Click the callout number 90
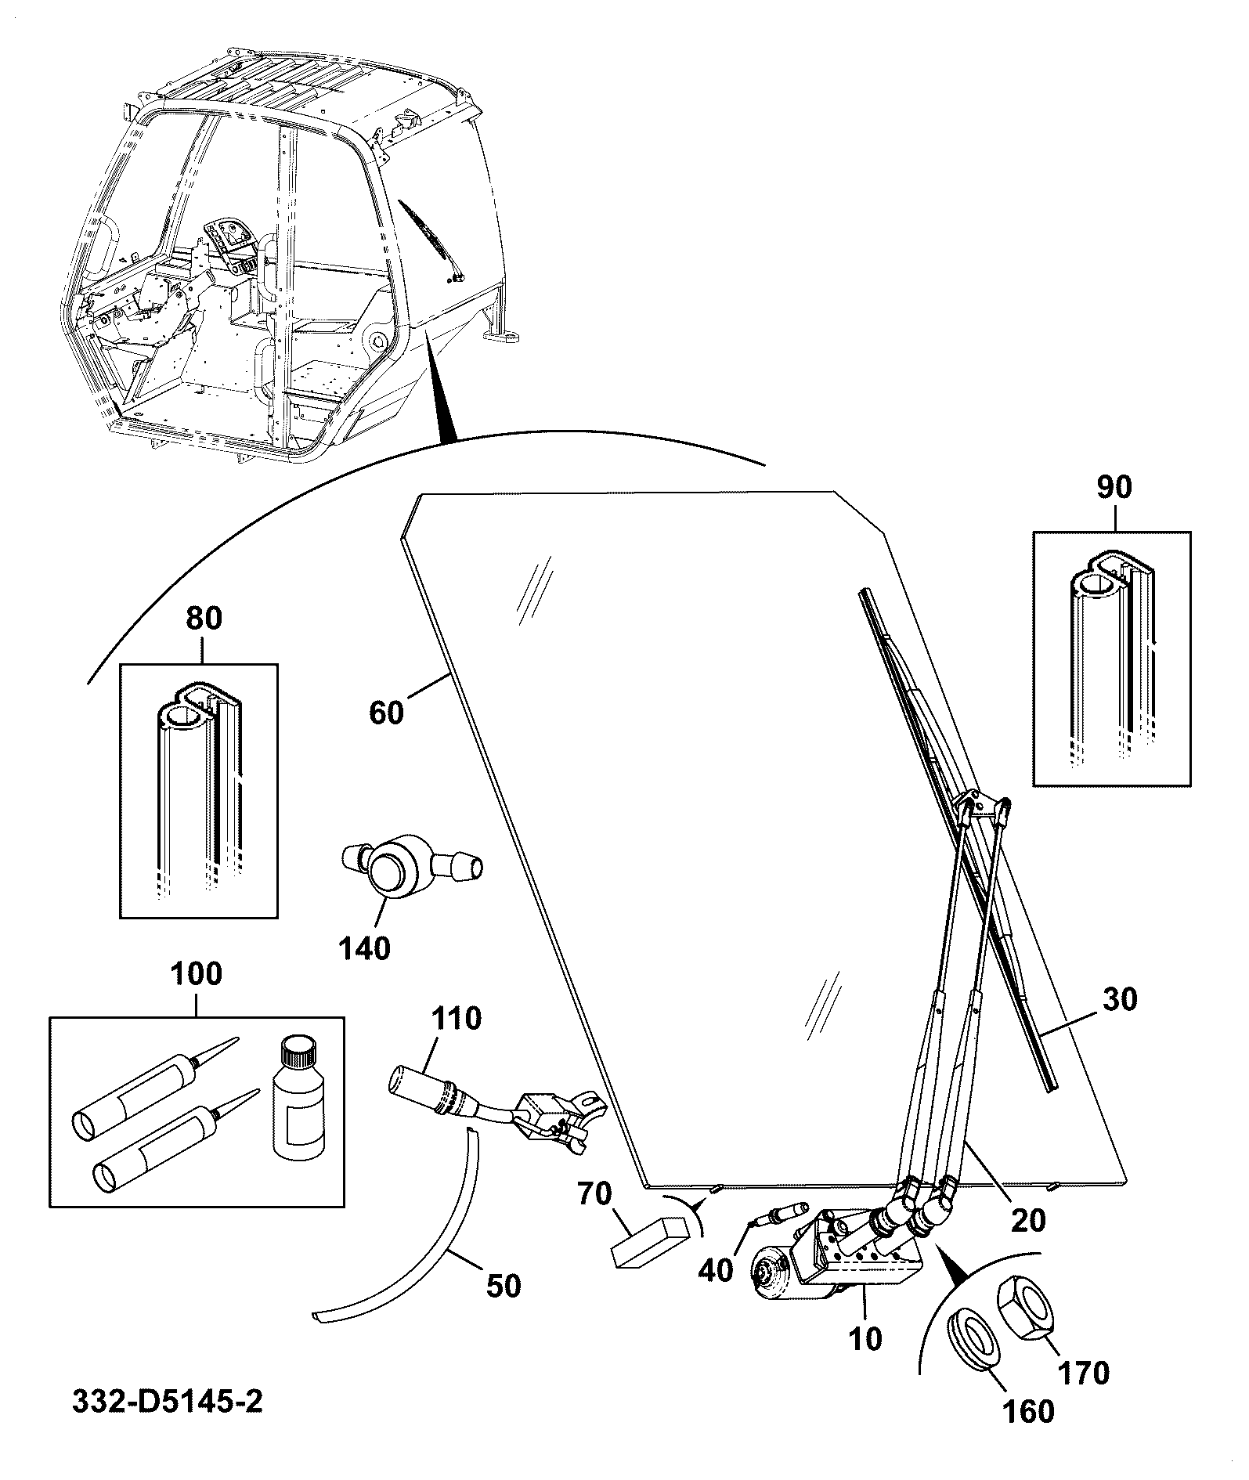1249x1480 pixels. click(x=1114, y=487)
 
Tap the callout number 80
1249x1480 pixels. click(x=204, y=619)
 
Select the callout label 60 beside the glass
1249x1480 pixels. click(x=386, y=713)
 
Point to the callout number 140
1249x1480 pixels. click(x=364, y=948)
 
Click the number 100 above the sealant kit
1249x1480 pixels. click(x=196, y=973)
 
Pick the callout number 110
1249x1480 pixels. click(x=457, y=1019)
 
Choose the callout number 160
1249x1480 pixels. click(x=1028, y=1411)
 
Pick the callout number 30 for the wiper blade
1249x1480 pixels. click(x=1118, y=999)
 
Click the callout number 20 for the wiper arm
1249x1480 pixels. click(x=1027, y=1219)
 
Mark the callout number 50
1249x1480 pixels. click(x=502, y=1286)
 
